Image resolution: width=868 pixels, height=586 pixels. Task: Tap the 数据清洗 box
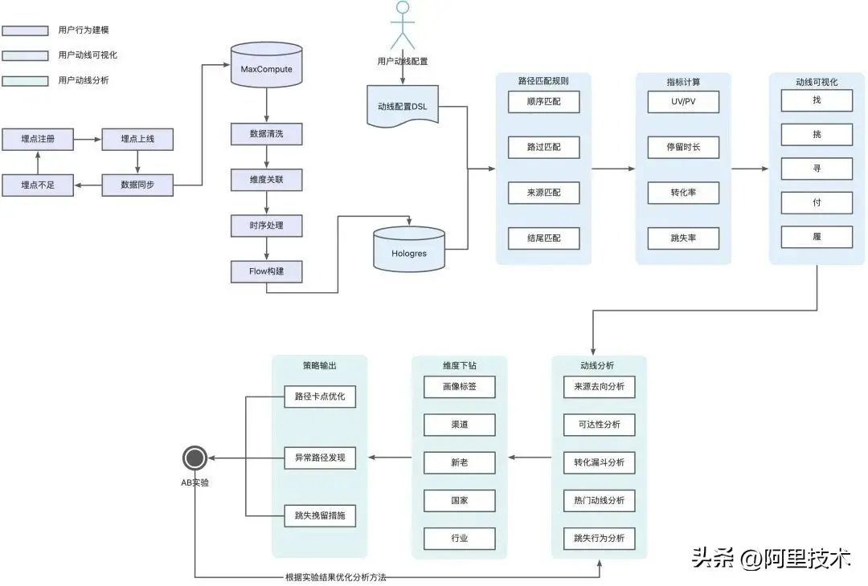pos(266,134)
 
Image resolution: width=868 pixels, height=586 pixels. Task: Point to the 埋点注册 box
pos(37,139)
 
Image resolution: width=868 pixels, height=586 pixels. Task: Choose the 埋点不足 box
pos(37,185)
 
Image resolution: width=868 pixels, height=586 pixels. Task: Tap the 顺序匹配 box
pos(543,102)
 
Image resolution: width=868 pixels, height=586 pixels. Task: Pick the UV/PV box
pos(683,102)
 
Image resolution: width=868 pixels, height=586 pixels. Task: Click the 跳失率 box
pos(683,238)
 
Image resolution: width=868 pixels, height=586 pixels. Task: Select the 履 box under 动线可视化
pos(817,237)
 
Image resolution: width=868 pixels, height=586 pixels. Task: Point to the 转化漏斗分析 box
pos(600,463)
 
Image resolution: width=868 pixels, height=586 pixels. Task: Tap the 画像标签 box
pos(460,387)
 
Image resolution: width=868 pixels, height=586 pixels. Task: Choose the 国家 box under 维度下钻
pos(460,501)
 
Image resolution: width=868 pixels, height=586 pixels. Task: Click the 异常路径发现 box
pos(320,458)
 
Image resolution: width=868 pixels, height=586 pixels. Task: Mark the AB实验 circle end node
pos(194,458)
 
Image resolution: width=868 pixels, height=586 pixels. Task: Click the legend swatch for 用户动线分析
pos(25,80)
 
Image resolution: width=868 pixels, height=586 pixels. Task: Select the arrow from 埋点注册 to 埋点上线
pos(88,139)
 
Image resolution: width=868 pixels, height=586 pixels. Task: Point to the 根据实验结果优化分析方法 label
pos(341,577)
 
